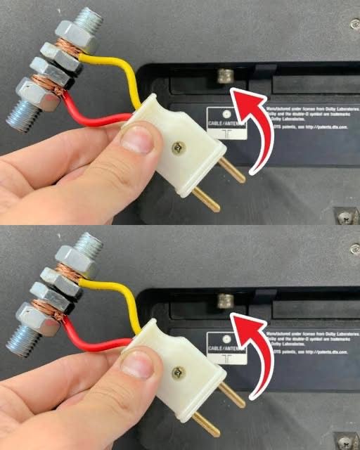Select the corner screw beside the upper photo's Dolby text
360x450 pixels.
354,25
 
